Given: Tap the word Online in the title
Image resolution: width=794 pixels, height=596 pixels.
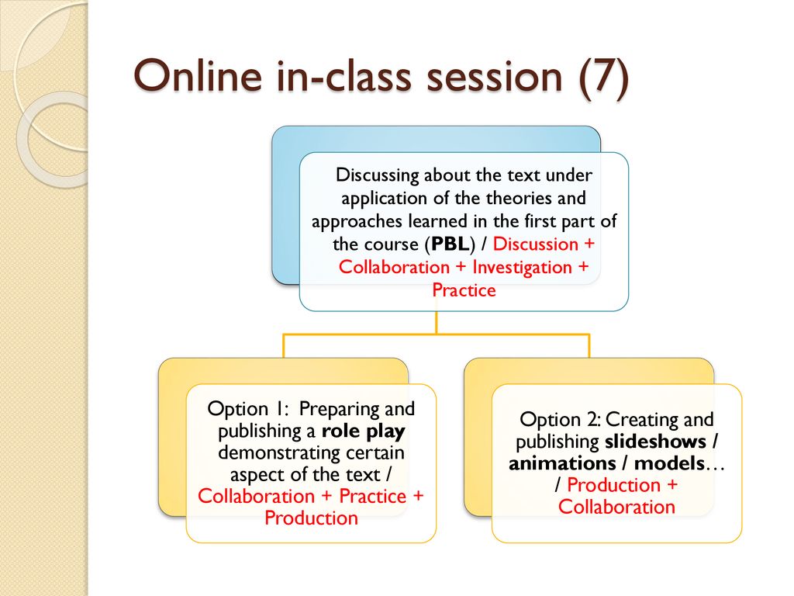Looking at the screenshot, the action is (x=198, y=75).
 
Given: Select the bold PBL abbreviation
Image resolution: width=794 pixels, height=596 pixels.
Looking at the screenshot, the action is (x=450, y=244).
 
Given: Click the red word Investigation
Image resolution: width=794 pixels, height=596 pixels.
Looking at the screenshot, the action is (x=522, y=267).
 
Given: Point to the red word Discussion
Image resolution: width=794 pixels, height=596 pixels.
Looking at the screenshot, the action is (x=535, y=244).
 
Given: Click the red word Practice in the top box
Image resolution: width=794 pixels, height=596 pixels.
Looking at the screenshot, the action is (x=464, y=290).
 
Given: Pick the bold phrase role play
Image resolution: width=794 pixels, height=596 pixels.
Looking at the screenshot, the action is (x=364, y=431).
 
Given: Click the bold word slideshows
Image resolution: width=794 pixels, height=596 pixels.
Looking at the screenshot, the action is (x=656, y=442).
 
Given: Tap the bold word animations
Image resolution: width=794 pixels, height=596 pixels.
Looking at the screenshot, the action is (x=562, y=463).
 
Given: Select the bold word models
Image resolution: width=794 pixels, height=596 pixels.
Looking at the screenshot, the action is (x=669, y=463).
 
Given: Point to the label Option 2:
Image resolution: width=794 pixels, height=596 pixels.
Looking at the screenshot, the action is (x=560, y=420).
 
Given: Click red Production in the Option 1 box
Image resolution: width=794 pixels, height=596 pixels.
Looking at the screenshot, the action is (x=311, y=518).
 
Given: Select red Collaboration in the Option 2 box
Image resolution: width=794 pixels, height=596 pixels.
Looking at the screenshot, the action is (x=616, y=507).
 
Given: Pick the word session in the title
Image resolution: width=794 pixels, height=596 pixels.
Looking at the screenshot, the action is (x=494, y=76).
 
